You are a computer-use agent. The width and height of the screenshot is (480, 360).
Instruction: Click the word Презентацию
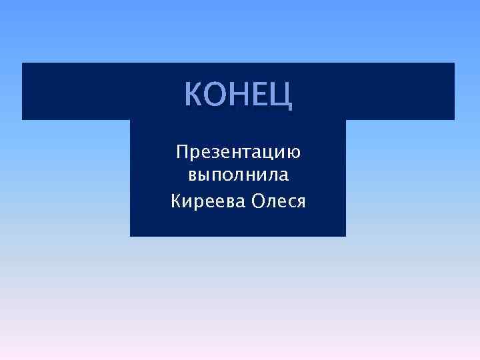(238, 153)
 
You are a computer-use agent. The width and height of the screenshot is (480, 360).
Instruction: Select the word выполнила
(238, 177)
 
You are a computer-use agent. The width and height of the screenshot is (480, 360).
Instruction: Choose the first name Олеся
(279, 201)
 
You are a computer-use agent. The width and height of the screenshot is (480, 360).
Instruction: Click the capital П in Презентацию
(182, 153)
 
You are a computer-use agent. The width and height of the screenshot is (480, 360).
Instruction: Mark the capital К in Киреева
(177, 200)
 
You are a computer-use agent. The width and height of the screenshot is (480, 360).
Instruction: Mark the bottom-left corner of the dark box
(131, 236)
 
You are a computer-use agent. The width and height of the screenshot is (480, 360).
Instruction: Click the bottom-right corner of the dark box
(345, 236)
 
